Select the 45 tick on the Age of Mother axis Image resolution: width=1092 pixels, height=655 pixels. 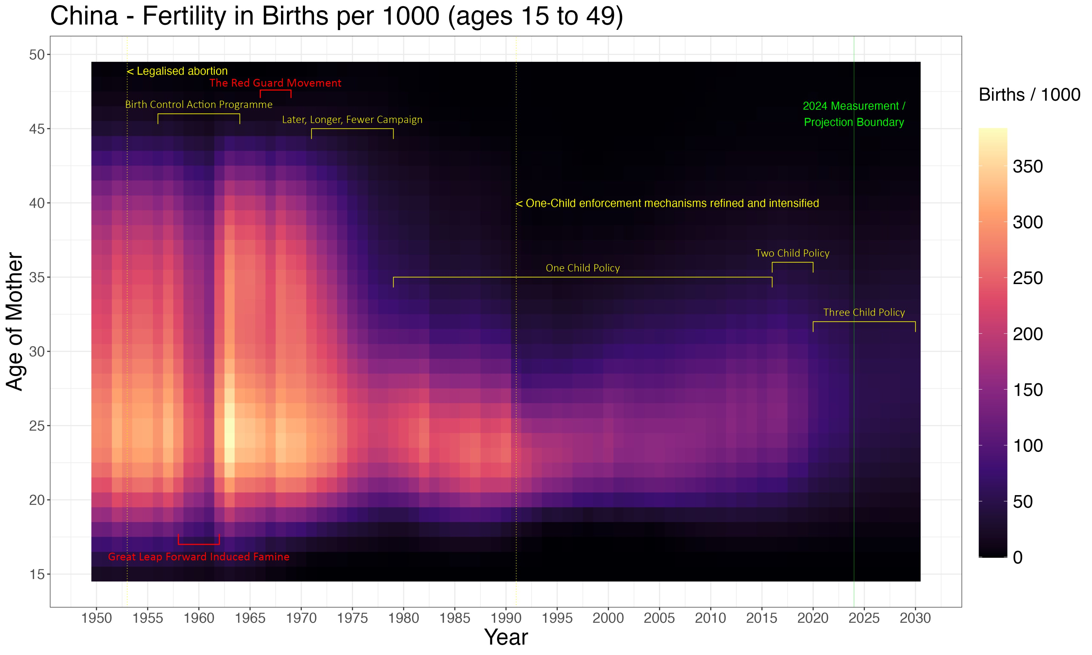tap(37, 129)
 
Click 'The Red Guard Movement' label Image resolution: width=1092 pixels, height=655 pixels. tap(275, 83)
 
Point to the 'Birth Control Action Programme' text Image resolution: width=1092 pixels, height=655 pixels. tap(199, 105)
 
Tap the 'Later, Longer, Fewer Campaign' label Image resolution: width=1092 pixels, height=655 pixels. tap(352, 120)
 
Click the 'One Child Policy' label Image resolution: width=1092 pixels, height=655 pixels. tap(583, 268)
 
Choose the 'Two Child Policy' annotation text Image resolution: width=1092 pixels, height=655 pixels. tap(792, 253)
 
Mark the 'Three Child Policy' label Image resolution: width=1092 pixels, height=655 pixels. tap(864, 313)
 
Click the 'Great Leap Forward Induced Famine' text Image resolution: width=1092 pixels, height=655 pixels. tap(199, 557)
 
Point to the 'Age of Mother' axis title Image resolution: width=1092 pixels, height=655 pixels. tap(15, 321)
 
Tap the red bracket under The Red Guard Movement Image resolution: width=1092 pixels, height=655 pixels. tap(275, 91)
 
